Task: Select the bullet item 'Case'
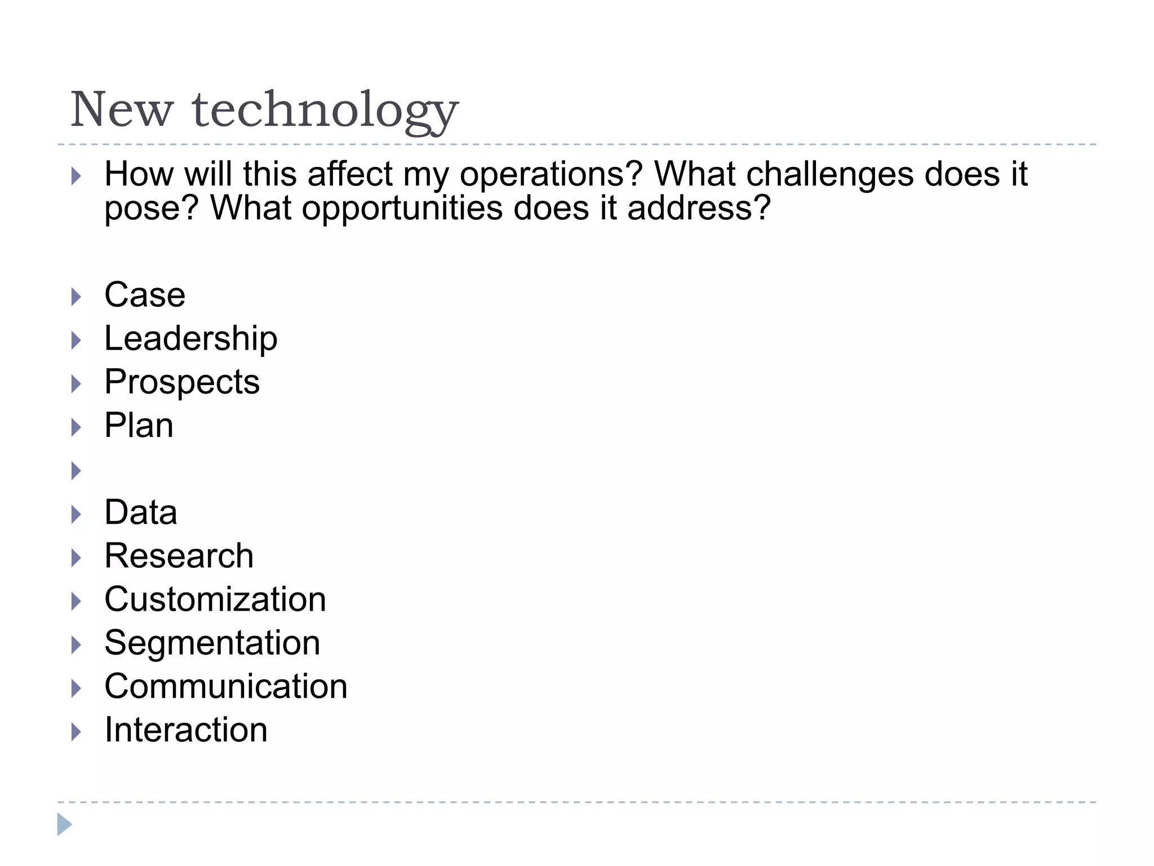pos(145,295)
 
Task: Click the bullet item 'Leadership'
pos(191,338)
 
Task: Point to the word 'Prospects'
pos(182,382)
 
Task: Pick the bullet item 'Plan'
pos(139,425)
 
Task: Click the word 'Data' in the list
pos(141,512)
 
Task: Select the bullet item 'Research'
pos(179,556)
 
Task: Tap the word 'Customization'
pos(215,599)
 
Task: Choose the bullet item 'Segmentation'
pos(212,643)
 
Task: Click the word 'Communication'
pos(226,687)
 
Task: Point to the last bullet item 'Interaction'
pos(186,730)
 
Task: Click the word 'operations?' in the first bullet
pos(551,175)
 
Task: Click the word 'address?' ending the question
pos(699,207)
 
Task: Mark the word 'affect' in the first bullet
pos(349,174)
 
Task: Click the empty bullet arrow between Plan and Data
pos(76,470)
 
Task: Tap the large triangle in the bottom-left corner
pos(64,824)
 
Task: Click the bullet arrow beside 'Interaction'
pos(76,732)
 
